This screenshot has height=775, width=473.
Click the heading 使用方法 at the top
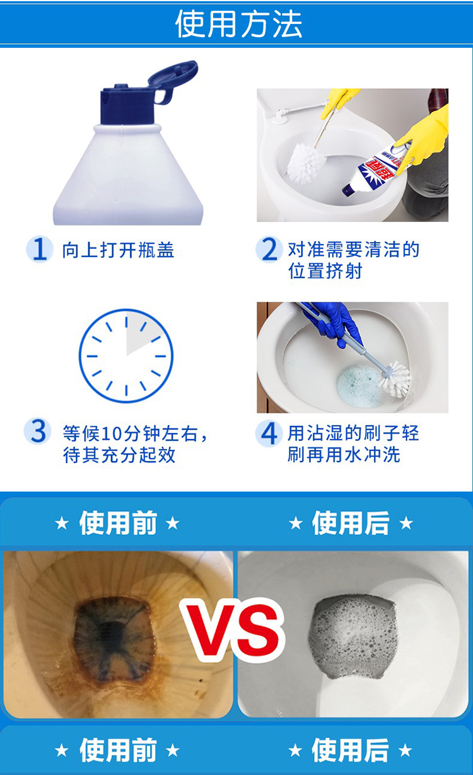(238, 23)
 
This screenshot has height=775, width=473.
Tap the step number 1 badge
(40, 249)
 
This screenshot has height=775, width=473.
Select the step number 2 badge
(269, 249)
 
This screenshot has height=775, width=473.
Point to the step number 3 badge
(37, 432)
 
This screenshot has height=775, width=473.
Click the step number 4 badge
(269, 433)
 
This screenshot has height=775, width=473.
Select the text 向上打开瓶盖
(118, 250)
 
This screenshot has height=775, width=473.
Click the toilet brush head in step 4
(395, 379)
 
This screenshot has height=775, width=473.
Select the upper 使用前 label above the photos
(118, 523)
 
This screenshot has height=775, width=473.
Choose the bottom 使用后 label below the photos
(350, 750)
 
